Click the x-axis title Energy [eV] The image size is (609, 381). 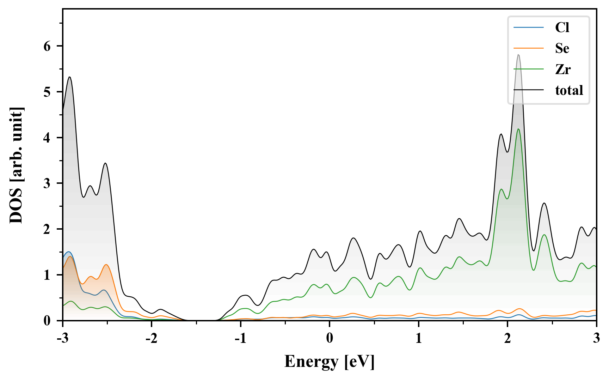330,362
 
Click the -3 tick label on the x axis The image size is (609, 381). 63,338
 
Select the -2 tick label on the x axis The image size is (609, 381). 152,338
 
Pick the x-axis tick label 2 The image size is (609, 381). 508,338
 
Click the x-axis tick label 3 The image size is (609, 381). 596,338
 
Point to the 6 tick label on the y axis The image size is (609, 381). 47,46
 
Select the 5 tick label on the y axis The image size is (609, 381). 47,92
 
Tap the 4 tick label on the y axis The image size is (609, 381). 47,138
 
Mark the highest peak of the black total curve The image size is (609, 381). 518,55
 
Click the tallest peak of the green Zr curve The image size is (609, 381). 518,129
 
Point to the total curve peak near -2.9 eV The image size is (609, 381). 69,77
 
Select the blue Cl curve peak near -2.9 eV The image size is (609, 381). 68,252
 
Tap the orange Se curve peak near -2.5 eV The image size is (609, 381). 106,265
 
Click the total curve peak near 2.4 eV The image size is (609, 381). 544,203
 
